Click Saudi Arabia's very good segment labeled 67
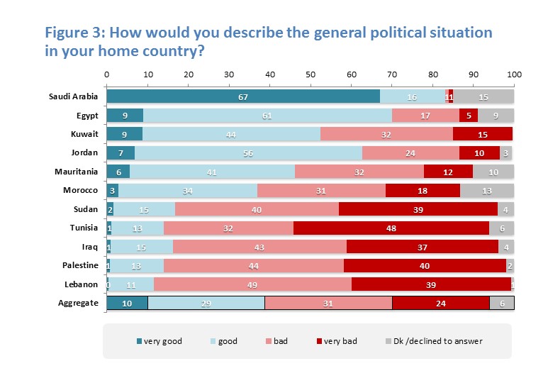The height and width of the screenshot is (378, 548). [x=243, y=96]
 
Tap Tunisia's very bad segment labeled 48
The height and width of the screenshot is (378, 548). [x=391, y=228]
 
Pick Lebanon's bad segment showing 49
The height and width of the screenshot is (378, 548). [x=252, y=284]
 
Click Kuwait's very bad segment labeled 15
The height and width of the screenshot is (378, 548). [x=483, y=134]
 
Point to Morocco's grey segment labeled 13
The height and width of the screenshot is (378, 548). [x=487, y=190]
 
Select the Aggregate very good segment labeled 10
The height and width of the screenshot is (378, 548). [x=127, y=302]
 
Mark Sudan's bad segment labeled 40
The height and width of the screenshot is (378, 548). [x=257, y=209]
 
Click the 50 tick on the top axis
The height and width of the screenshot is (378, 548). [x=311, y=74]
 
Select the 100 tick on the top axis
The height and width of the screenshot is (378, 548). [x=514, y=74]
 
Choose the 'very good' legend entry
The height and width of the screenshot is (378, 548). [x=160, y=341]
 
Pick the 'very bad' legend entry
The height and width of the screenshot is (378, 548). [x=336, y=341]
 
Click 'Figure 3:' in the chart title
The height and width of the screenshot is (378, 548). [x=76, y=33]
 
